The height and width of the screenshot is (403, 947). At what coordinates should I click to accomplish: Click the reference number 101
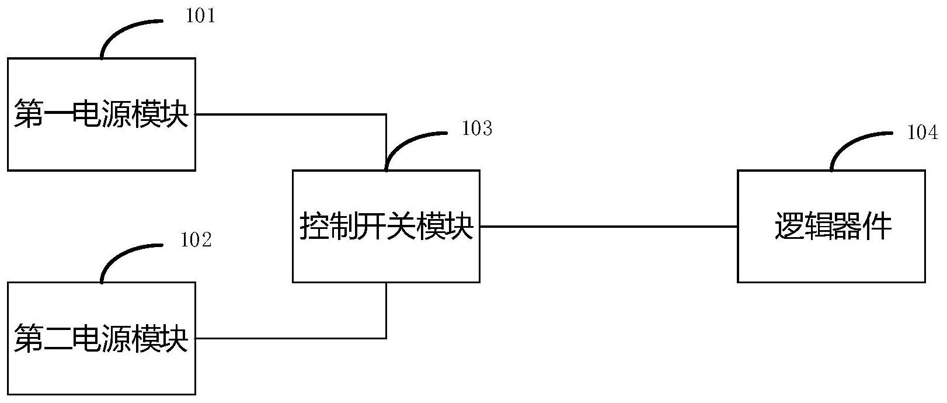pyautogui.click(x=201, y=16)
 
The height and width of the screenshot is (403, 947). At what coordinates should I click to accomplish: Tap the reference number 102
pyautogui.click(x=196, y=240)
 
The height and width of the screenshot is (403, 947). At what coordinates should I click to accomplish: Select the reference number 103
pyautogui.click(x=477, y=128)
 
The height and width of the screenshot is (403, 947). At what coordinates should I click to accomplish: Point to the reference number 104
pyautogui.click(x=922, y=133)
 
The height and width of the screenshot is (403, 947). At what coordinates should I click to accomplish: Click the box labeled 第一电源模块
pyautogui.click(x=102, y=114)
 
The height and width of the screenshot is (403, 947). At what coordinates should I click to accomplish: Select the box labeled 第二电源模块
pyautogui.click(x=102, y=338)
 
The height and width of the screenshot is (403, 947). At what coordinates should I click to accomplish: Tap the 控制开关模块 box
pyautogui.click(x=386, y=226)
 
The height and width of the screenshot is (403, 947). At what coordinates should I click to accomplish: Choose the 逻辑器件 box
pyautogui.click(x=831, y=226)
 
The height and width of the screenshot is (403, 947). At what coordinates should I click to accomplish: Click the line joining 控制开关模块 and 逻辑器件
pyautogui.click(x=609, y=227)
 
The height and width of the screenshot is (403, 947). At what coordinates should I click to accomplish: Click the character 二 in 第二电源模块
pyautogui.click(x=58, y=338)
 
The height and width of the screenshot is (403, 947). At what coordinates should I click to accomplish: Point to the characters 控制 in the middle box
pyautogui.click(x=329, y=226)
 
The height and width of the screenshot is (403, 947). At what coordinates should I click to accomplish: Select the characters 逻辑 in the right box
pyautogui.click(x=804, y=226)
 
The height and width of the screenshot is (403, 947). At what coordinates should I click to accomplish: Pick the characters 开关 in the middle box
pyautogui.click(x=387, y=226)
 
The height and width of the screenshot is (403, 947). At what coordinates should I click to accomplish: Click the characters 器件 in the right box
pyautogui.click(x=862, y=226)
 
